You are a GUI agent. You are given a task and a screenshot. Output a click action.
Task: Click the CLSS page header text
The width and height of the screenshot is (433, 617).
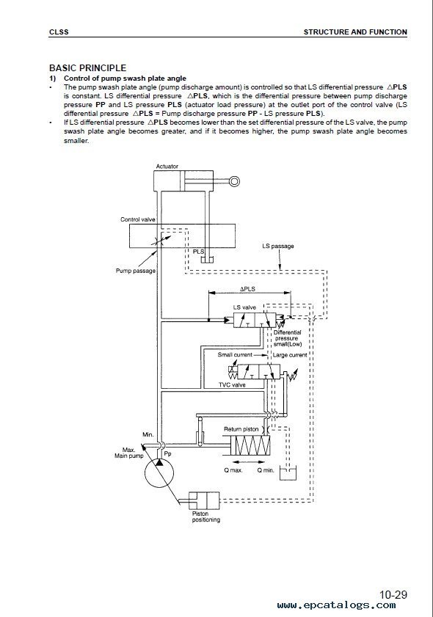(x=59, y=32)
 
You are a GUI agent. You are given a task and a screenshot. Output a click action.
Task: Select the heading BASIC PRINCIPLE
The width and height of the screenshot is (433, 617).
(x=88, y=67)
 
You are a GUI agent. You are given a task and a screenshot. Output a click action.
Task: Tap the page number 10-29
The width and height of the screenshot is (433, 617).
(x=393, y=594)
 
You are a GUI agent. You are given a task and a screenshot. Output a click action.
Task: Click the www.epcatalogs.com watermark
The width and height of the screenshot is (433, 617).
(x=337, y=605)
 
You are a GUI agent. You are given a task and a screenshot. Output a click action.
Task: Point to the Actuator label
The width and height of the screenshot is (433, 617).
(x=167, y=167)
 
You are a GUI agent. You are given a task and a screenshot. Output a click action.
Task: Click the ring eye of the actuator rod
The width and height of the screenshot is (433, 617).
(x=235, y=181)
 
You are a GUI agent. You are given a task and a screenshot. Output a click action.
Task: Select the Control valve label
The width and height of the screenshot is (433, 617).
(x=138, y=219)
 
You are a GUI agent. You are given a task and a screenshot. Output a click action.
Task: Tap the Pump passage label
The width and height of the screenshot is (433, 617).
(x=136, y=271)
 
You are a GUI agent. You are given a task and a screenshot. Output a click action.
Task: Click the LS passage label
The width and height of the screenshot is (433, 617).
(x=278, y=247)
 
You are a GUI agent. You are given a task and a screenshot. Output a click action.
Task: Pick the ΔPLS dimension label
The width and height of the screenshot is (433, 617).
(x=247, y=289)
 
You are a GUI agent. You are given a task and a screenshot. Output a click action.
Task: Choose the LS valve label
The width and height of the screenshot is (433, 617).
(x=244, y=307)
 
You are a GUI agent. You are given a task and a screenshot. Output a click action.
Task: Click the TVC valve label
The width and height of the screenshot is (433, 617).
(x=232, y=385)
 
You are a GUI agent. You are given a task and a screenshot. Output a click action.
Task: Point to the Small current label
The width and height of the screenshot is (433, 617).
(x=235, y=355)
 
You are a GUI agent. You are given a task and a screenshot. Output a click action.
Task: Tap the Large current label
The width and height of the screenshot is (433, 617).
(x=290, y=355)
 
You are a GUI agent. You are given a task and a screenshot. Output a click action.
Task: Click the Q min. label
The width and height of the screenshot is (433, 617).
(x=266, y=470)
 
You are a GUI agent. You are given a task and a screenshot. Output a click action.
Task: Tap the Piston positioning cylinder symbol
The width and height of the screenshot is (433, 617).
(x=204, y=500)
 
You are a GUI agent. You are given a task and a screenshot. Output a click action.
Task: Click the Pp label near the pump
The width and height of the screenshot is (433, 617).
(x=167, y=453)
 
